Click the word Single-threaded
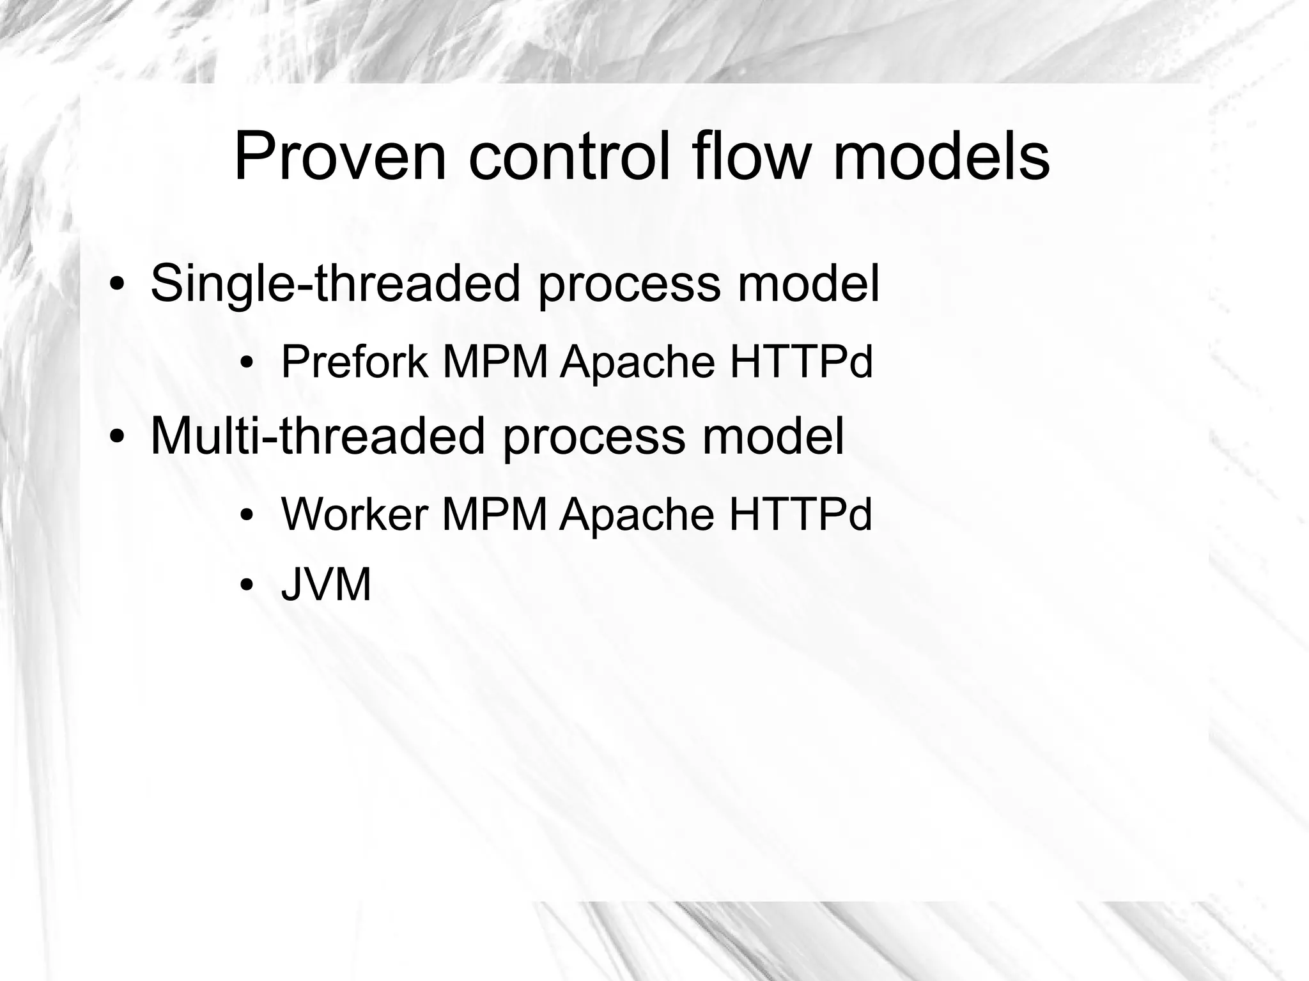[x=336, y=284]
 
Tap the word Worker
[x=354, y=514]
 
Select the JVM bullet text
[x=326, y=584]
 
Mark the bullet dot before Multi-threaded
[x=116, y=436]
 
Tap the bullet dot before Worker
[x=247, y=515]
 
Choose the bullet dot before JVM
[x=247, y=585]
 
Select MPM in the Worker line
[x=495, y=514]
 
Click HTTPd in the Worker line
[x=800, y=514]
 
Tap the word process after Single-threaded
[x=629, y=285]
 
